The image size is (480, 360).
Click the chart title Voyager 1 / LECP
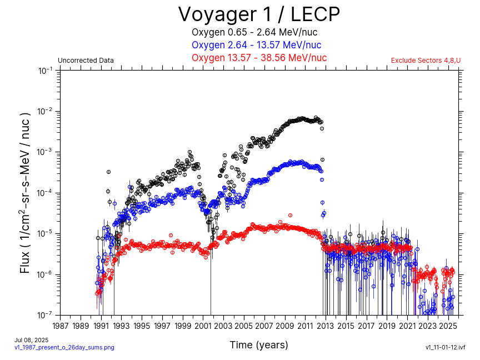pyautogui.click(x=258, y=14)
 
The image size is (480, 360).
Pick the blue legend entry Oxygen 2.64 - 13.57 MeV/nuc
pyautogui.click(x=256, y=45)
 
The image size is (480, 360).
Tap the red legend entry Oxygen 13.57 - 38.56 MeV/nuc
pyautogui.click(x=259, y=58)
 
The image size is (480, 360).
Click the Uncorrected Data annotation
pyautogui.click(x=86, y=61)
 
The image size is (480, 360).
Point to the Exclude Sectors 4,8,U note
pyautogui.click(x=426, y=61)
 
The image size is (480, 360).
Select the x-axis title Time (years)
pyautogui.click(x=259, y=345)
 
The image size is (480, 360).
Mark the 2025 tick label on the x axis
pyautogui.click(x=448, y=326)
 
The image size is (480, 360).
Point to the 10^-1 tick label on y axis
pyautogui.click(x=45, y=71)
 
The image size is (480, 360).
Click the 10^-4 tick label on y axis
pyautogui.click(x=45, y=193)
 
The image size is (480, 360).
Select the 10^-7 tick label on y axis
pyautogui.click(x=45, y=315)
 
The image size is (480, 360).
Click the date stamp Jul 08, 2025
pyautogui.click(x=31, y=340)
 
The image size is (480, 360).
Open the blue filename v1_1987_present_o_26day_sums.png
pyautogui.click(x=64, y=347)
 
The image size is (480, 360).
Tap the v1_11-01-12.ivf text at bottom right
pyautogui.click(x=445, y=347)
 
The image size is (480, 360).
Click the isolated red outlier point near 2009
pyautogui.click(x=290, y=215)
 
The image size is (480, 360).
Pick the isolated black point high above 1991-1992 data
pyautogui.click(x=108, y=172)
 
